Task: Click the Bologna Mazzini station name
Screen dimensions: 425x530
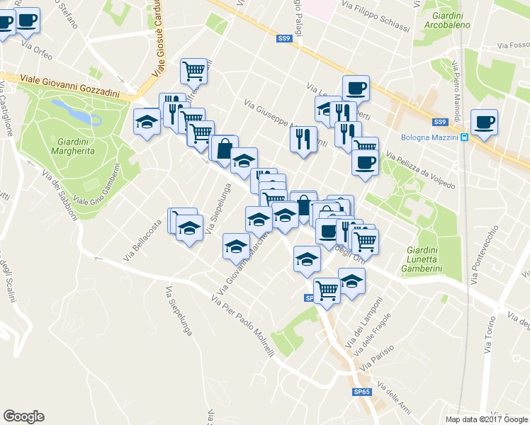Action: pyautogui.click(x=429, y=137)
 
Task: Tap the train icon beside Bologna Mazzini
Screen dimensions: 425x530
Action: pyautogui.click(x=464, y=137)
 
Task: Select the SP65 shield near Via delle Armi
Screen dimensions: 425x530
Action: pyautogui.click(x=362, y=392)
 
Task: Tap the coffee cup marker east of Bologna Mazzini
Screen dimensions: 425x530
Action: pyautogui.click(x=485, y=122)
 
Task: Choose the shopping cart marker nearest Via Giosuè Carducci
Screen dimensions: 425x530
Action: pyautogui.click(x=193, y=71)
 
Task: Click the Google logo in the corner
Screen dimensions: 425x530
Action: pyautogui.click(x=23, y=416)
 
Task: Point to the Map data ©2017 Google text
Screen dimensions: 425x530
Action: pyautogui.click(x=486, y=419)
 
